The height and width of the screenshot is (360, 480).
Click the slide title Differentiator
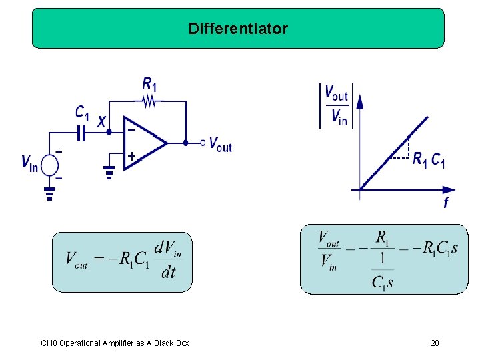click(238, 29)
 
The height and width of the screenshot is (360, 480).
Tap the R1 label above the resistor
click(150, 85)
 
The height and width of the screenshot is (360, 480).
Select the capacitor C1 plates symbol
click(81, 133)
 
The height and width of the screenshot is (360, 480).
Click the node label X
click(101, 122)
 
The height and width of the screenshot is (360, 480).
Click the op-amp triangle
click(143, 141)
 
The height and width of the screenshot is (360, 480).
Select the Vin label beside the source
click(29, 163)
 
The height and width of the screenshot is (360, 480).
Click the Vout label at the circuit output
click(220, 143)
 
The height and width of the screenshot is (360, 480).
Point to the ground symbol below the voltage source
click(49, 193)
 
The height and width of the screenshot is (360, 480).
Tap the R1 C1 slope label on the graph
click(428, 160)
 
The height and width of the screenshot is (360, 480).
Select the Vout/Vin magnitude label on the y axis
click(336, 105)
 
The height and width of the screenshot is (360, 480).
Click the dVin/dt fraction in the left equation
click(167, 261)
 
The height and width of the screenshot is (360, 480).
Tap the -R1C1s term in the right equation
click(434, 249)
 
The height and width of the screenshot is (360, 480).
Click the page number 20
click(435, 343)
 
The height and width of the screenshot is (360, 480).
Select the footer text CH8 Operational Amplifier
click(115, 343)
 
